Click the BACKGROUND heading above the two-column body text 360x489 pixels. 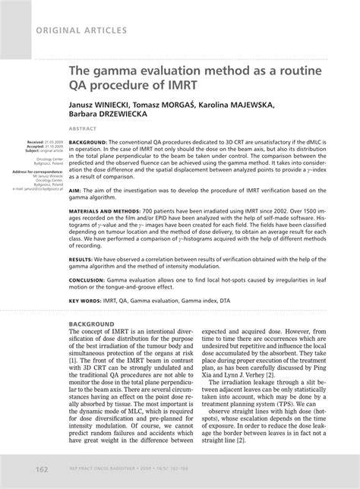coord(96,345)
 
